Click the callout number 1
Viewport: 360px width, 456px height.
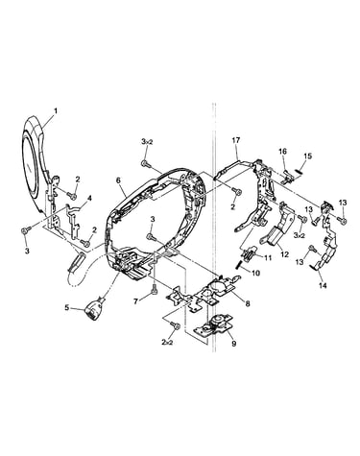[x=56, y=110]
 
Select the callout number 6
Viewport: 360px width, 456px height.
[x=118, y=180]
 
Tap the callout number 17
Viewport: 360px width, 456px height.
[x=236, y=140]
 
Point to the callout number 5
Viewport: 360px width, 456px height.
[x=67, y=308]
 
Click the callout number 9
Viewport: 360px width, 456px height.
[x=234, y=344]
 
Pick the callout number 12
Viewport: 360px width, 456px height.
[x=284, y=254]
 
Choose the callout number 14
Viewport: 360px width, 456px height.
[x=323, y=286]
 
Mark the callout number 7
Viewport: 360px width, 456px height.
[x=136, y=301]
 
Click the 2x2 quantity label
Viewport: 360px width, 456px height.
[x=167, y=342]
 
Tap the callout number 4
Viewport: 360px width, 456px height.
[x=89, y=199]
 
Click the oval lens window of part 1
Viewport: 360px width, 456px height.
[x=30, y=165]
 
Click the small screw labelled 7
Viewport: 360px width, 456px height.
[x=154, y=288]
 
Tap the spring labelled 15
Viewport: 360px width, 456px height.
[x=300, y=171]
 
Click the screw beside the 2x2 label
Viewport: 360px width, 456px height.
[x=176, y=325]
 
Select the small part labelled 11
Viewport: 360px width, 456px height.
[x=250, y=253]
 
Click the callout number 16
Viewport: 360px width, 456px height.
[x=282, y=152]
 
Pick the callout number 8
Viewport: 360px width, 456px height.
[x=248, y=303]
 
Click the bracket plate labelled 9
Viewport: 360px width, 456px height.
[x=214, y=326]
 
